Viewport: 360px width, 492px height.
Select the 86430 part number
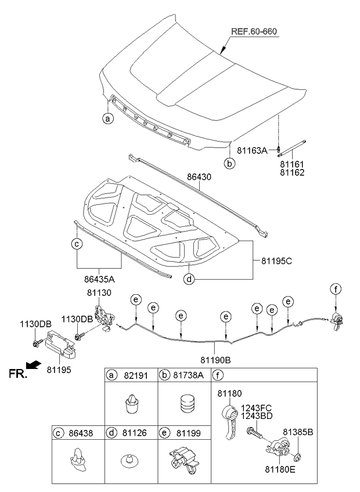coord(199,173)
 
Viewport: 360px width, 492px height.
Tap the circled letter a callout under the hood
coord(107,119)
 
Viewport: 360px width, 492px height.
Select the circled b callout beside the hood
coord(230,164)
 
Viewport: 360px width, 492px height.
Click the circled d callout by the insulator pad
coord(189,279)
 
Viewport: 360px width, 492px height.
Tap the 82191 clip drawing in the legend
coord(132,402)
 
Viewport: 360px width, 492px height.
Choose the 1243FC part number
coord(258,408)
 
